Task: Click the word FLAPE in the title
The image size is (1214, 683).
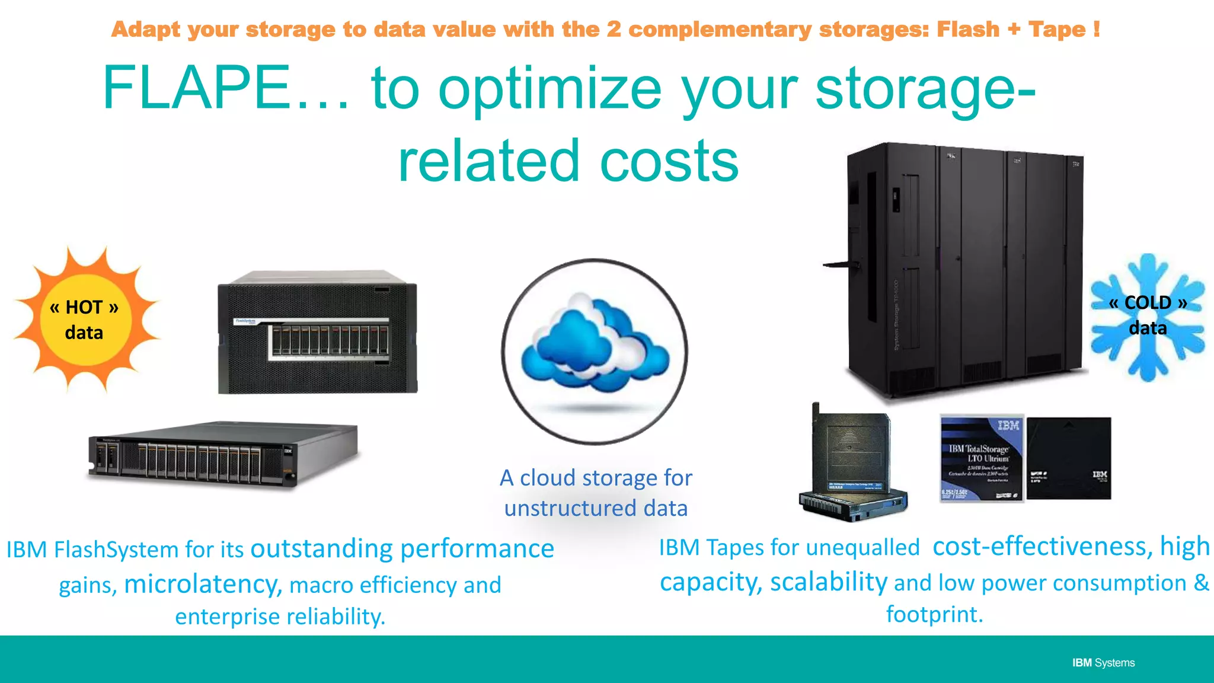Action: pos(196,88)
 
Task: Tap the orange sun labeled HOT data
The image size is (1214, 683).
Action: pos(85,320)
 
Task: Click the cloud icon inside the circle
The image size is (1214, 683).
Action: pos(595,344)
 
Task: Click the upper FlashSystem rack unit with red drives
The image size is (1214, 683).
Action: pos(318,333)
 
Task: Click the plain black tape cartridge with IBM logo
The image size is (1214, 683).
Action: pos(1068,458)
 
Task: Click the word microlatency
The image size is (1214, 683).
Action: pos(202,584)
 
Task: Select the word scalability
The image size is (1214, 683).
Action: pos(828,582)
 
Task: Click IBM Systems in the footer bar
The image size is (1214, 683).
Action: pos(1103,663)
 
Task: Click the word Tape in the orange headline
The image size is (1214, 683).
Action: pos(1058,29)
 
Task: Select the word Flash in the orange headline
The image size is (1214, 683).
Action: pos(968,29)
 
